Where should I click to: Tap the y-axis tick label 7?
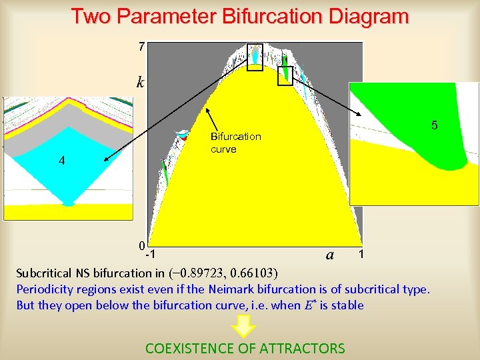point(141,47)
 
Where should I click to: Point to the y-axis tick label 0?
point(141,245)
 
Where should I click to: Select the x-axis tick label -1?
point(151,255)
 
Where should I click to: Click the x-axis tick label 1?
point(361,254)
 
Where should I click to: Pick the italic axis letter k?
point(140,83)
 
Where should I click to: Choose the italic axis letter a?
point(330,254)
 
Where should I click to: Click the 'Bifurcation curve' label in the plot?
point(235,143)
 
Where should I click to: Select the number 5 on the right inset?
point(434,125)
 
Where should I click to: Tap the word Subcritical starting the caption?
point(45,273)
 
